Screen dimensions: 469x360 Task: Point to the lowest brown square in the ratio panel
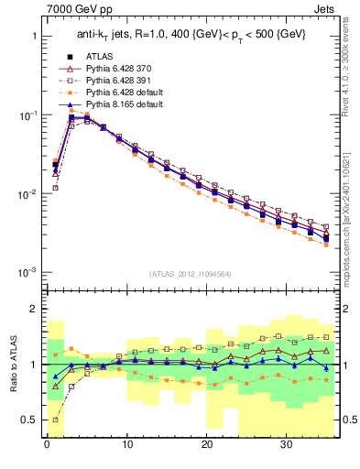point(55,420)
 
